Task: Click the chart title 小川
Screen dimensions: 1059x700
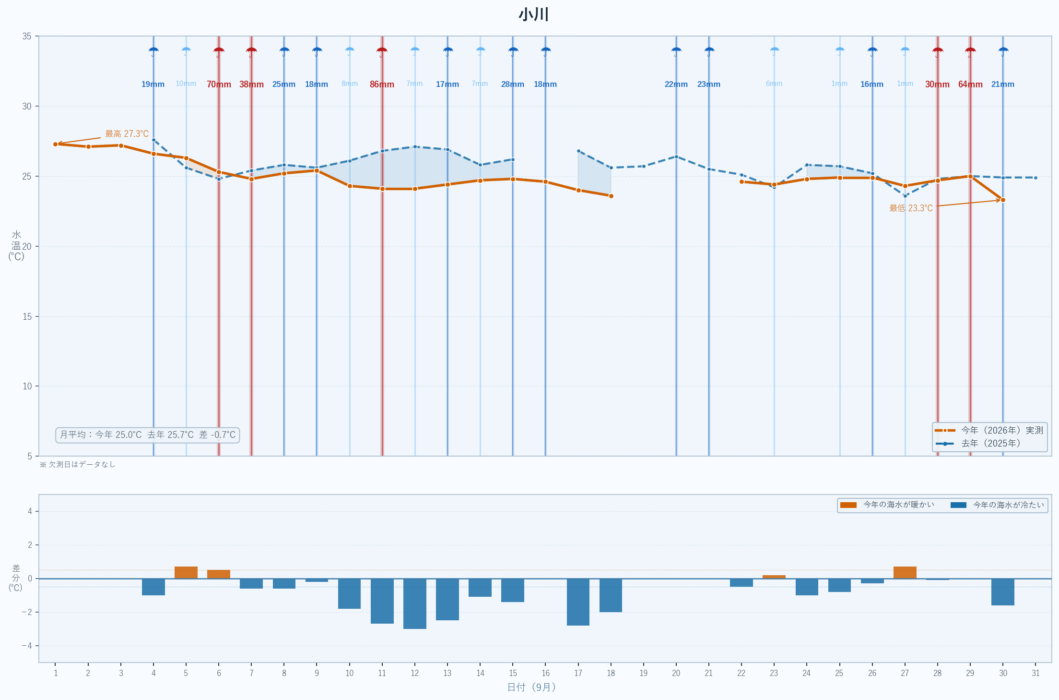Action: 533,14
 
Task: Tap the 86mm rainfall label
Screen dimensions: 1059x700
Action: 382,84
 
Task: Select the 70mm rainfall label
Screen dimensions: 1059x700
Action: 219,84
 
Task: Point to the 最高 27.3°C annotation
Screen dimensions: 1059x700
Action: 127,134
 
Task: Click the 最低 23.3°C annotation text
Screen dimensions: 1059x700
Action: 911,208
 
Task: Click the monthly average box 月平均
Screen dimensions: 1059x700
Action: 148,435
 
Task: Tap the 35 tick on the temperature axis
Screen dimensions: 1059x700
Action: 27,36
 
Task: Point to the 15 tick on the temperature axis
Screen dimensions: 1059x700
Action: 27,316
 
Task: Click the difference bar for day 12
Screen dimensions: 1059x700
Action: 414,603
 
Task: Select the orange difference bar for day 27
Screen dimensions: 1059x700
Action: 905,573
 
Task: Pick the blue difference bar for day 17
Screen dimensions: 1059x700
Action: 578,602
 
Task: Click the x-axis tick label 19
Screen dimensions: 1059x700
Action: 643,673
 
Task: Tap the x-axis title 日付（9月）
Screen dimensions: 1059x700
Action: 532,688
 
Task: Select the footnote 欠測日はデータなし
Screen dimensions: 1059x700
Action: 77,464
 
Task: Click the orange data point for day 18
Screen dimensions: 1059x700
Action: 611,196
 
